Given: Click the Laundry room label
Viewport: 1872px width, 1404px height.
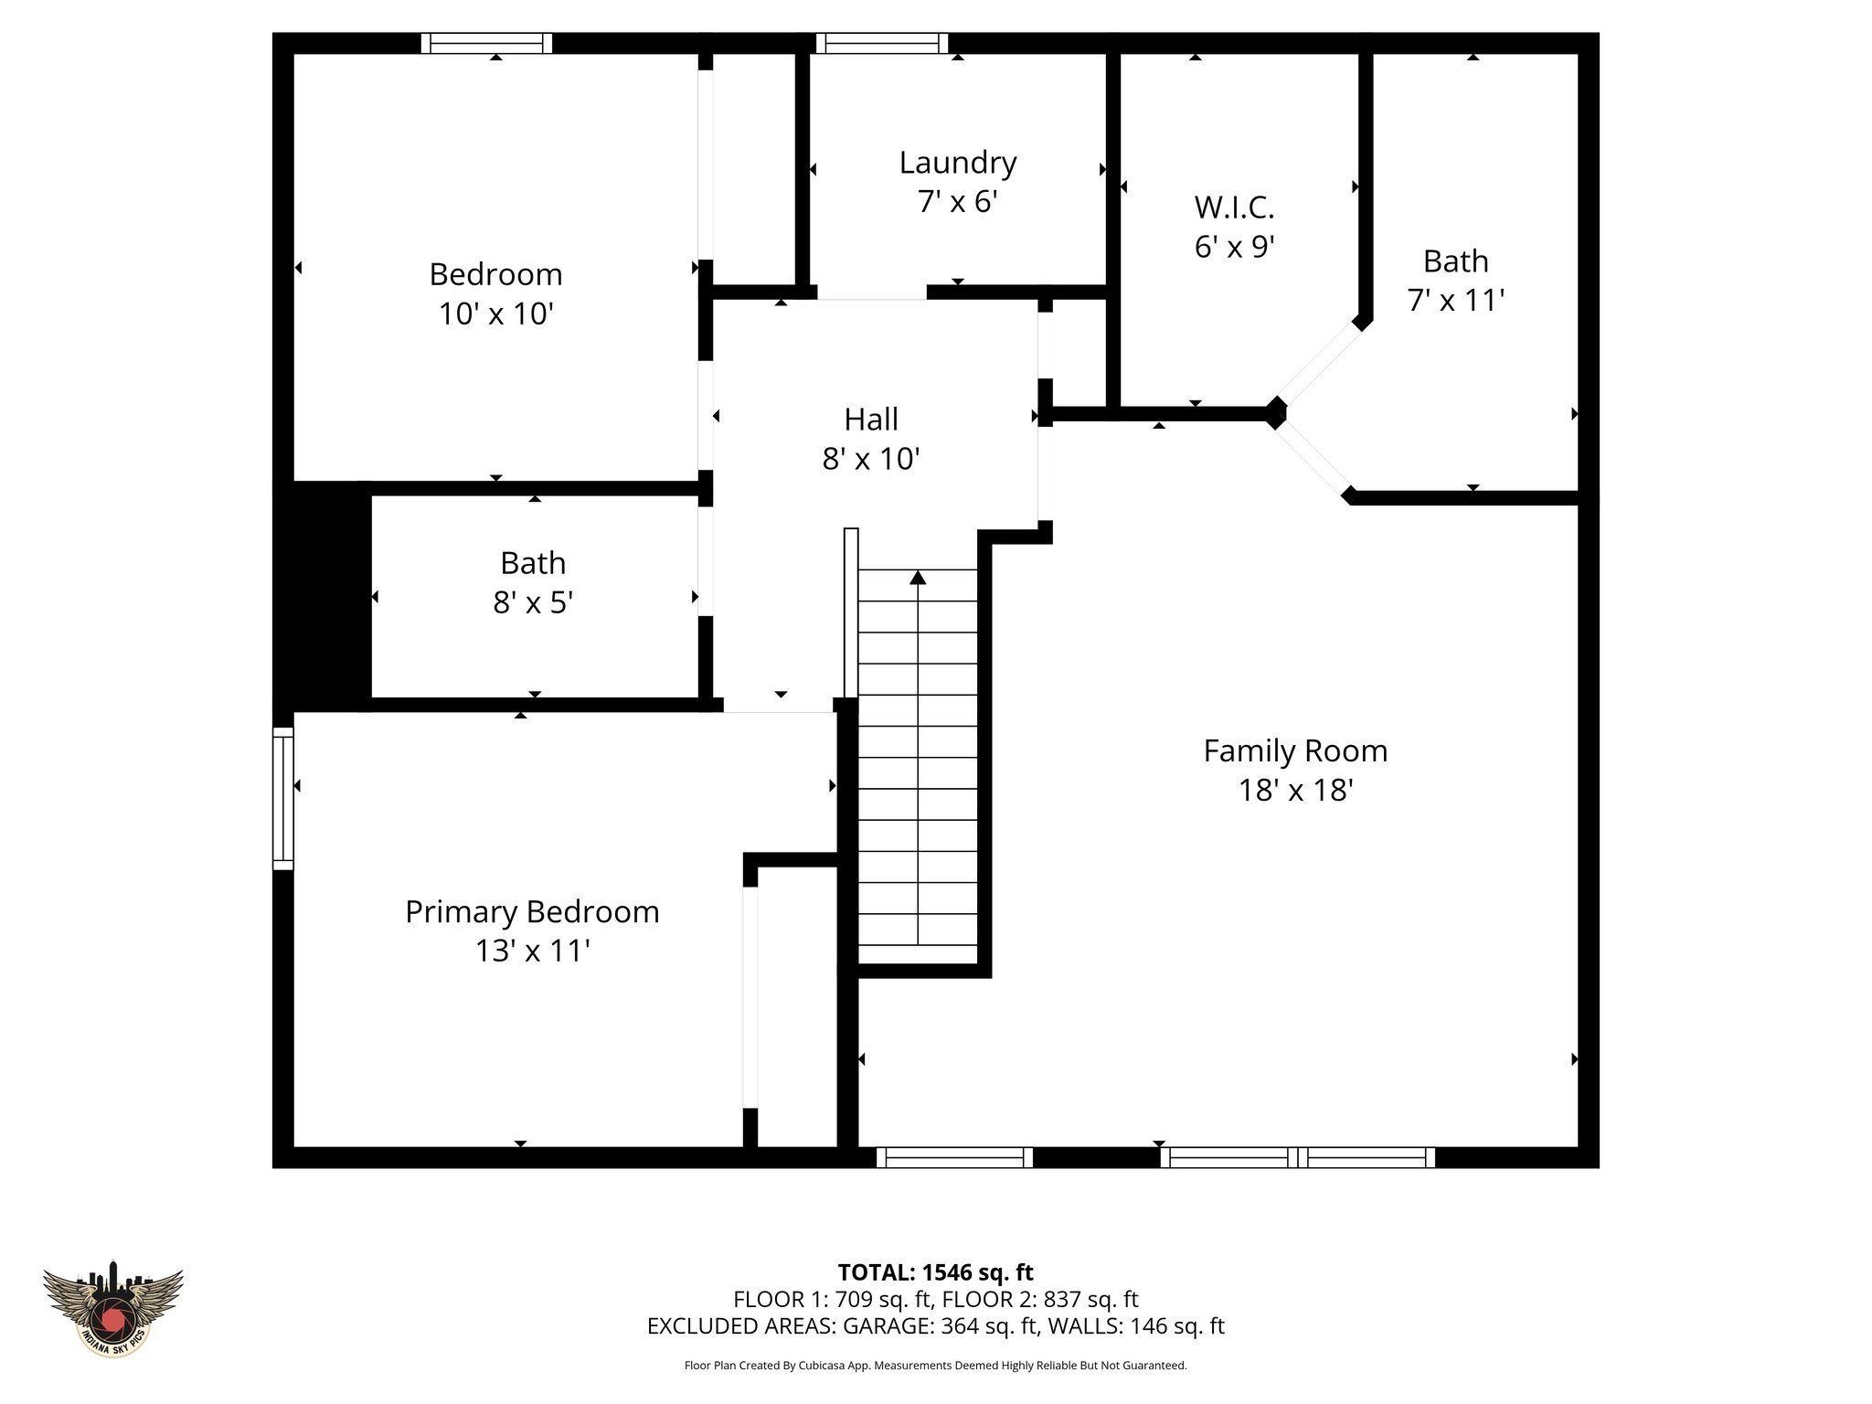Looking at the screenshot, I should (x=957, y=163).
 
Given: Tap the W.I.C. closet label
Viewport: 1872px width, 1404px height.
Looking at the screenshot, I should (x=1234, y=207).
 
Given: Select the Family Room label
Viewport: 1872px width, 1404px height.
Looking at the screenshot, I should (x=1295, y=750).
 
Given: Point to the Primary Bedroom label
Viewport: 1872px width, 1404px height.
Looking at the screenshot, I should (x=532, y=911).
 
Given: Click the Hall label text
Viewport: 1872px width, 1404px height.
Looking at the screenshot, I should (x=870, y=420).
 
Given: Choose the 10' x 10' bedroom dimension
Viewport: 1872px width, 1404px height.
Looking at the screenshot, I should (x=495, y=314).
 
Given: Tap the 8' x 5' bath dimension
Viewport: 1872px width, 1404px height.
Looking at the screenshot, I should (x=532, y=602).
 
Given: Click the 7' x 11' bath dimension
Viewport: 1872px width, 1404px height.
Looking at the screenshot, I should (x=1455, y=300).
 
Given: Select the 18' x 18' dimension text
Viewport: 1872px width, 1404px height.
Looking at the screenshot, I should (x=1295, y=790).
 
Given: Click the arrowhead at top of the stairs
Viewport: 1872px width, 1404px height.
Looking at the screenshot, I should (x=918, y=578).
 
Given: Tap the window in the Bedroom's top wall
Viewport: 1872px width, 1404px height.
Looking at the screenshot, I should (x=486, y=43).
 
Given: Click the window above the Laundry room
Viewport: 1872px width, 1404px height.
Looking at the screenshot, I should (x=881, y=43).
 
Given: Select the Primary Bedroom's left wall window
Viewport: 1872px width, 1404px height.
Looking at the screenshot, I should (x=283, y=798).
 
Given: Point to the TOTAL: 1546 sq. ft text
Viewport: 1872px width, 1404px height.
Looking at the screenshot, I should (x=935, y=1272).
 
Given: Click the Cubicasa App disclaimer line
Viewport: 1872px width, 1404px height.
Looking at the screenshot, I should (x=935, y=1366).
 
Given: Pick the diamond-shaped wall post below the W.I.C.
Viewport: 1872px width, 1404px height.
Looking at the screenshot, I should (x=1275, y=413).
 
